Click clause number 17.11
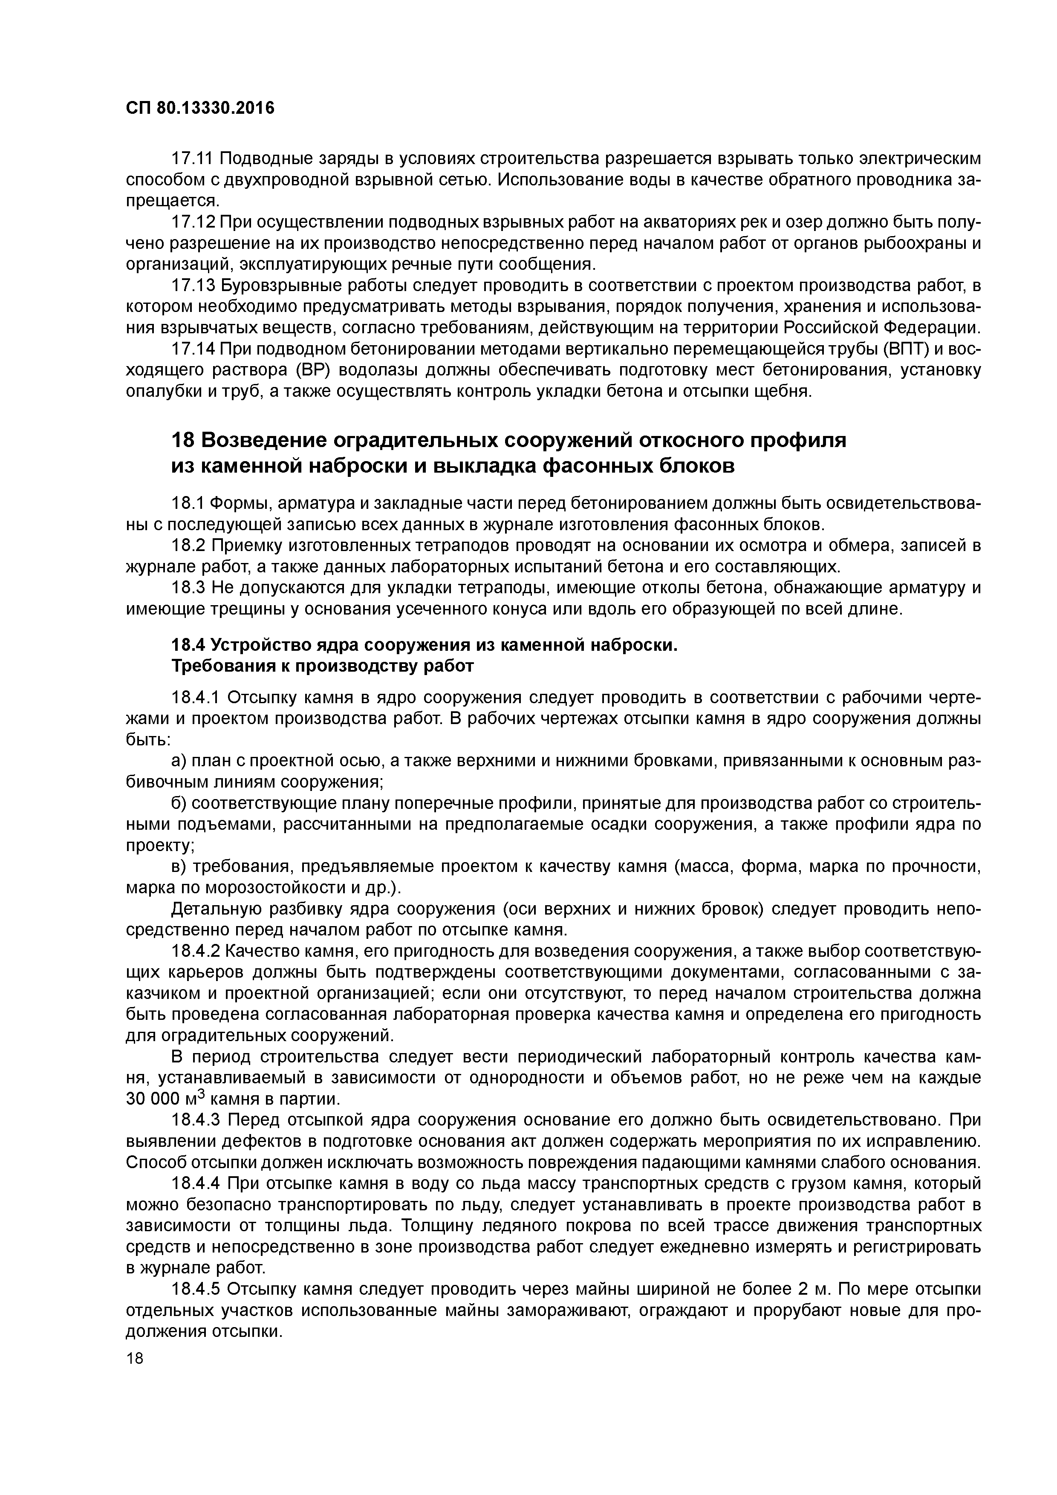(193, 158)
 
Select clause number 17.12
(193, 222)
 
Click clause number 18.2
(188, 545)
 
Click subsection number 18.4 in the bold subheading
(188, 645)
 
